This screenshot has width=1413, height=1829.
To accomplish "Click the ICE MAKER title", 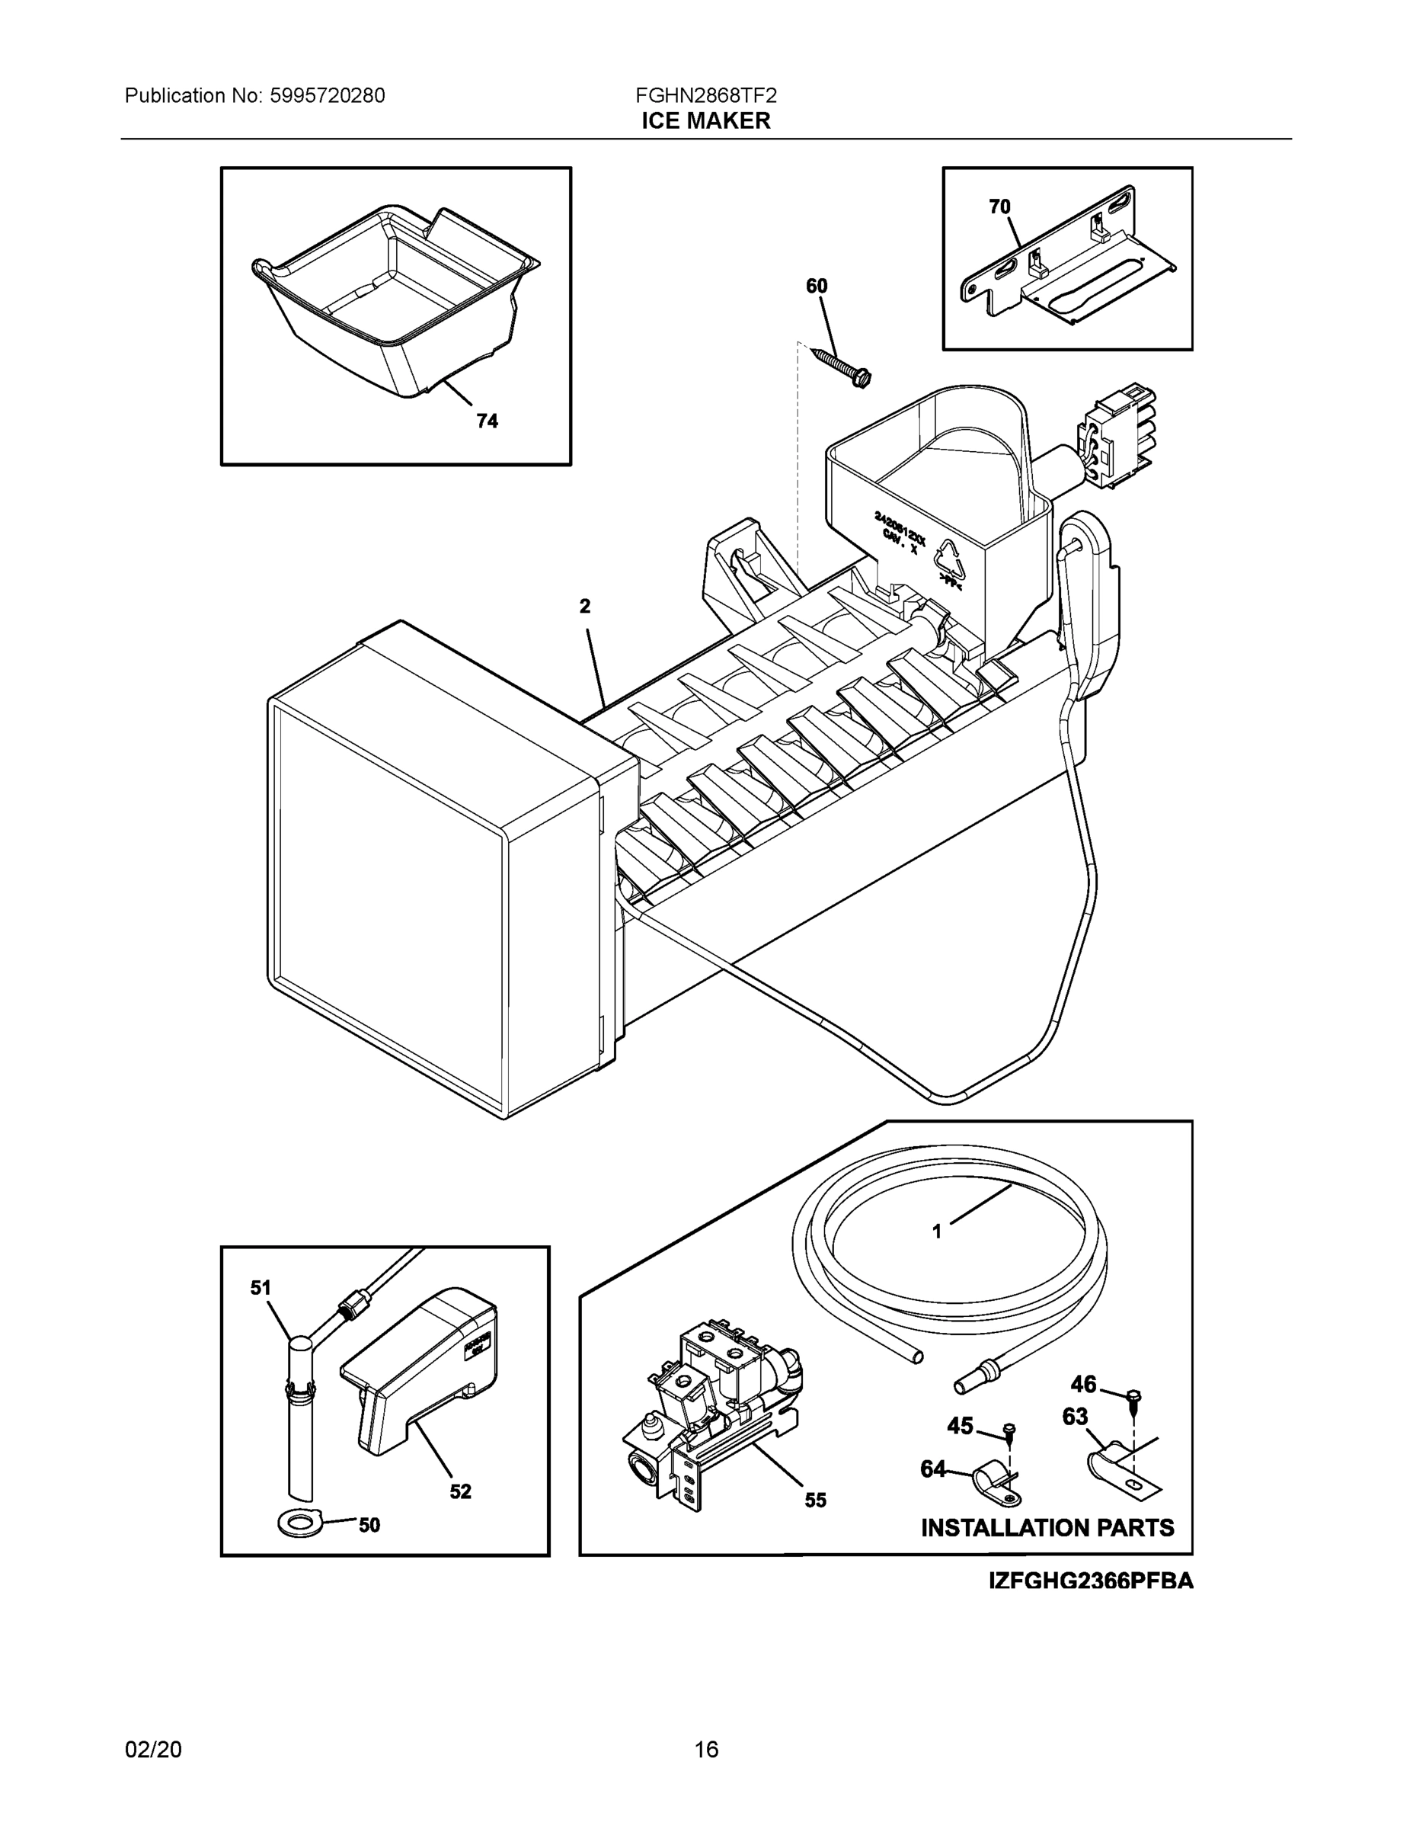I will click(705, 121).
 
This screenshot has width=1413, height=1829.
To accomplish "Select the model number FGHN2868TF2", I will click(705, 95).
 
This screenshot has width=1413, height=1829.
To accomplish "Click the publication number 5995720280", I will click(328, 95).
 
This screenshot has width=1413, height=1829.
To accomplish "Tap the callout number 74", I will click(488, 421).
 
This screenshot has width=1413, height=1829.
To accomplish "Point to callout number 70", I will click(999, 207).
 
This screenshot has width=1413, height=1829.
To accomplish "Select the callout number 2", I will click(585, 607).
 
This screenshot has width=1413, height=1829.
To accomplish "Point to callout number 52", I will click(460, 1491).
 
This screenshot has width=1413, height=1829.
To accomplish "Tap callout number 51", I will click(261, 1288).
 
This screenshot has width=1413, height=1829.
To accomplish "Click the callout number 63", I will click(1075, 1416).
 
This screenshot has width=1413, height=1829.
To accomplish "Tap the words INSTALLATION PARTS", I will click(1047, 1528).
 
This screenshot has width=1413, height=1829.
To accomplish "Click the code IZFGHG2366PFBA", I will click(1091, 1581).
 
